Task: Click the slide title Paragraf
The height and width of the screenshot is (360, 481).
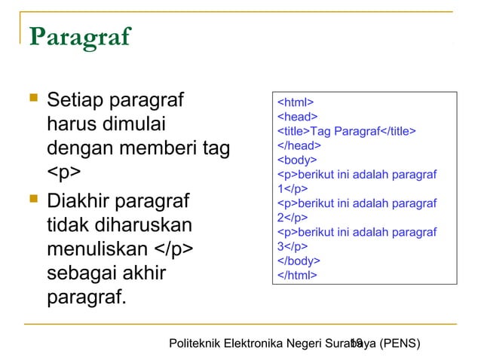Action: (x=79, y=36)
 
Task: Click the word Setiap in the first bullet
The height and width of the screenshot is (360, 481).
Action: (x=74, y=99)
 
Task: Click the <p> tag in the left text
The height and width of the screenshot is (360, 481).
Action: (x=64, y=175)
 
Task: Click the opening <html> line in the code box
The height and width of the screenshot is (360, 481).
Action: (x=296, y=102)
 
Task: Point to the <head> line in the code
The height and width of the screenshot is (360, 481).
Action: (x=298, y=117)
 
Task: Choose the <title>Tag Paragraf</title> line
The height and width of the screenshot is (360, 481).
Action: (x=347, y=131)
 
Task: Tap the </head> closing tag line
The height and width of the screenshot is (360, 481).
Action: (x=299, y=145)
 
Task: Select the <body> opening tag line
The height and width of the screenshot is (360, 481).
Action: (x=298, y=160)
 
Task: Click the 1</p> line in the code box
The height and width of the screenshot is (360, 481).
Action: (x=293, y=188)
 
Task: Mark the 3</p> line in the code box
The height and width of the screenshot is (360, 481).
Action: (x=293, y=246)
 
